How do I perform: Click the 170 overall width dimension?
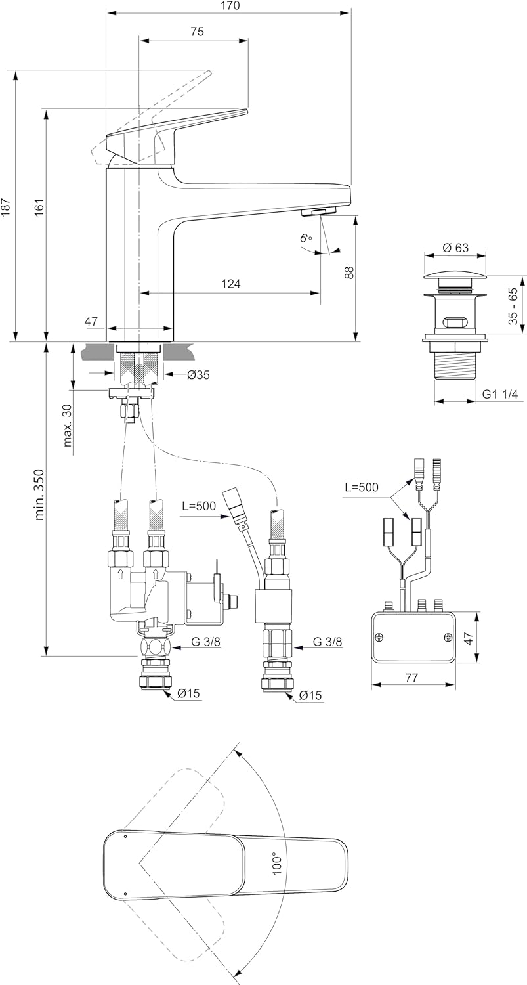[229, 6]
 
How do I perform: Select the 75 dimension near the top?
[197, 32]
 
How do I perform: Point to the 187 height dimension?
[7, 207]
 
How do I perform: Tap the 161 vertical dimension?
[39, 207]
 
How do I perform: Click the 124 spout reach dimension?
[230, 284]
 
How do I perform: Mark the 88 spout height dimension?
[349, 273]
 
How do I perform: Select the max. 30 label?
[68, 424]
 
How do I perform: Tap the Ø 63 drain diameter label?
[455, 248]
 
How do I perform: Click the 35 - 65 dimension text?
[513, 305]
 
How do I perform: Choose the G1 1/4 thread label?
[500, 394]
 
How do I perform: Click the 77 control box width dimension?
[411, 678]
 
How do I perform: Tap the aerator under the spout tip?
[318, 211]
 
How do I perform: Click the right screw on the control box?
[448, 636]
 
